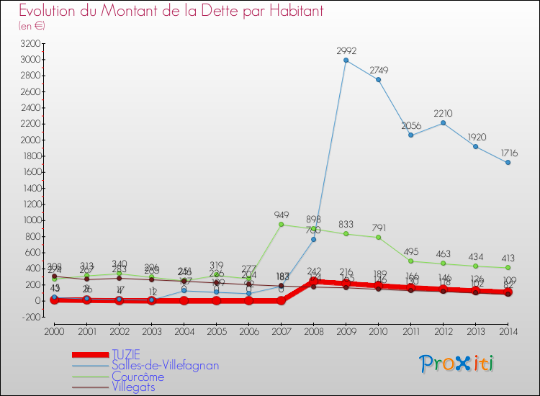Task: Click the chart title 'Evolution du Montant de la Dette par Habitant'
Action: pyautogui.click(x=171, y=11)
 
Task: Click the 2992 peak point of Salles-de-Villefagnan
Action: pyautogui.click(x=346, y=60)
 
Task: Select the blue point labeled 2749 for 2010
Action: pyautogui.click(x=379, y=79)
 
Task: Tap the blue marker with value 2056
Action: pyautogui.click(x=411, y=135)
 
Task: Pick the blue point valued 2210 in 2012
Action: pyautogui.click(x=444, y=122)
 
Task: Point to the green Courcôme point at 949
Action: pyautogui.click(x=282, y=224)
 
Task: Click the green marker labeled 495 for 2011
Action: pyautogui.click(x=411, y=261)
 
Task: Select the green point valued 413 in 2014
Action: pyautogui.click(x=508, y=267)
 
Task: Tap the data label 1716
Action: pyautogui.click(x=508, y=153)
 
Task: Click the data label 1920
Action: pyautogui.click(x=476, y=137)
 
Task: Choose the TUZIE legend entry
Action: pyautogui.click(x=126, y=355)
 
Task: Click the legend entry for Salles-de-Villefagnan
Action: pyautogui.click(x=165, y=366)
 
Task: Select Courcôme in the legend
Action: pyautogui.click(x=138, y=377)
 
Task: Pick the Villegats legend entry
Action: pyautogui.click(x=133, y=387)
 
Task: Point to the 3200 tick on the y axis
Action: pyautogui.click(x=30, y=44)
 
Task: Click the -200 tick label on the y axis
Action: pyautogui.click(x=30, y=317)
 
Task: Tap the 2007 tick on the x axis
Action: pyautogui.click(x=282, y=330)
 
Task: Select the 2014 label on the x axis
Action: pyautogui.click(x=508, y=330)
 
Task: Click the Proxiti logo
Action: pyautogui.click(x=458, y=364)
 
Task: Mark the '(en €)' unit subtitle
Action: pyautogui.click(x=32, y=26)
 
